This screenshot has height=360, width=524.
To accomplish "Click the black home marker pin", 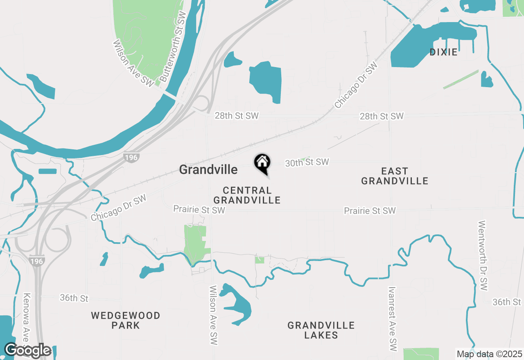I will [262, 163].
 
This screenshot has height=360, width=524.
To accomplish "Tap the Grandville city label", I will [208, 169].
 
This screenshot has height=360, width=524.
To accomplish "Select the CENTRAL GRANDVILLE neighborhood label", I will [247, 195].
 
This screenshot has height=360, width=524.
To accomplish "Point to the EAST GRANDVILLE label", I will [395, 176].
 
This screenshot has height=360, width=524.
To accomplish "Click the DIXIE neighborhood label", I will [443, 52].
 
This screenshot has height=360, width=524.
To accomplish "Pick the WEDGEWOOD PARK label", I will [126, 320].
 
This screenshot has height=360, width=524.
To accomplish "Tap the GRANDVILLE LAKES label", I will [321, 330].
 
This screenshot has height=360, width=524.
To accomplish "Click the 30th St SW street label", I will [307, 162].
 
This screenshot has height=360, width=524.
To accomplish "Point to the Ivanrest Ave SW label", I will [393, 319].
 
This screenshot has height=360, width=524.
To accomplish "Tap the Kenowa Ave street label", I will [27, 319].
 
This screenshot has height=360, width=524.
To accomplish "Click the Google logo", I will [27, 351].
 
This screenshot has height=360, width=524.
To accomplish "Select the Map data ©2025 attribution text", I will [489, 354].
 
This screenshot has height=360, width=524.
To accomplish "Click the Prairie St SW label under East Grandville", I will [370, 211].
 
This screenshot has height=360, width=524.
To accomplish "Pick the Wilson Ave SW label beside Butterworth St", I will [133, 63].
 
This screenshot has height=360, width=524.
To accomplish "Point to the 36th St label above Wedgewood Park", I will [74, 298].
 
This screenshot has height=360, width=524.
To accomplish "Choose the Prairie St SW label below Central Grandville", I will [199, 209].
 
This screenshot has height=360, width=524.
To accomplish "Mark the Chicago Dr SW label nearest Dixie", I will [355, 85].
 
